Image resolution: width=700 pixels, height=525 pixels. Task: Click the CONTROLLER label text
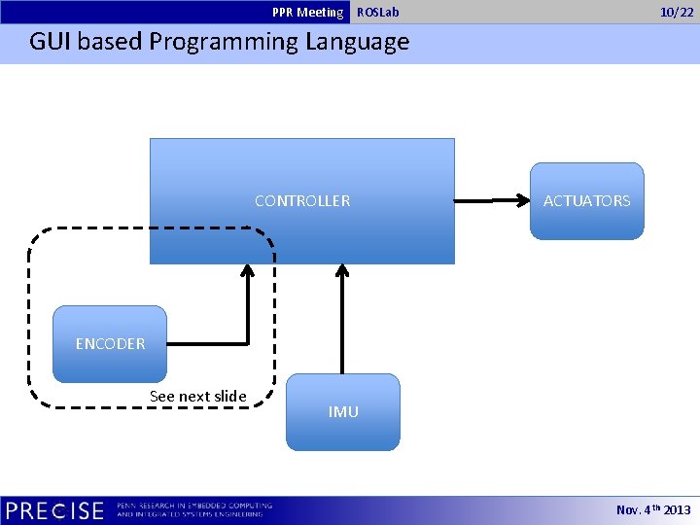302,201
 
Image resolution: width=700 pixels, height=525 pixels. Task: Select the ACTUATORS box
586,200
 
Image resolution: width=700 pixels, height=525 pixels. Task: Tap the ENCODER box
110,343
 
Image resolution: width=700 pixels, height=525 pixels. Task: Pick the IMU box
342,411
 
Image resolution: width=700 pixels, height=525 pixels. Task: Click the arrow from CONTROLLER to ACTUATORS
491,201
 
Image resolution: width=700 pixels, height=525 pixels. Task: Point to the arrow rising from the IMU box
342,321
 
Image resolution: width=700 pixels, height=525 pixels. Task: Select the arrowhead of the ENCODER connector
248,272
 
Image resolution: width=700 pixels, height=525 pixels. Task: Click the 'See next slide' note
197,396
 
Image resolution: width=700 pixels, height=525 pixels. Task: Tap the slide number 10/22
677,13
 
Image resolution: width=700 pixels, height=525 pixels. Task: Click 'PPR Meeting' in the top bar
307,13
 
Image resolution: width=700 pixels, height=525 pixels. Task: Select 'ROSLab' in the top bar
377,13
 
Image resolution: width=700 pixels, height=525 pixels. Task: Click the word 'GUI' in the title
50,43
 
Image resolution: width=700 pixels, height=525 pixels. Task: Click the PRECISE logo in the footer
54,510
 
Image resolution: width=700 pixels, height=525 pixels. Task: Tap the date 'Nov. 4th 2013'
653,510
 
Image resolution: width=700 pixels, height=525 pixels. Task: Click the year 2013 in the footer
677,510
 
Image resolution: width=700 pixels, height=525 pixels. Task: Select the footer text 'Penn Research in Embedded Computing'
194,506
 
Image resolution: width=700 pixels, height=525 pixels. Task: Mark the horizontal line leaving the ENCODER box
206,343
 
